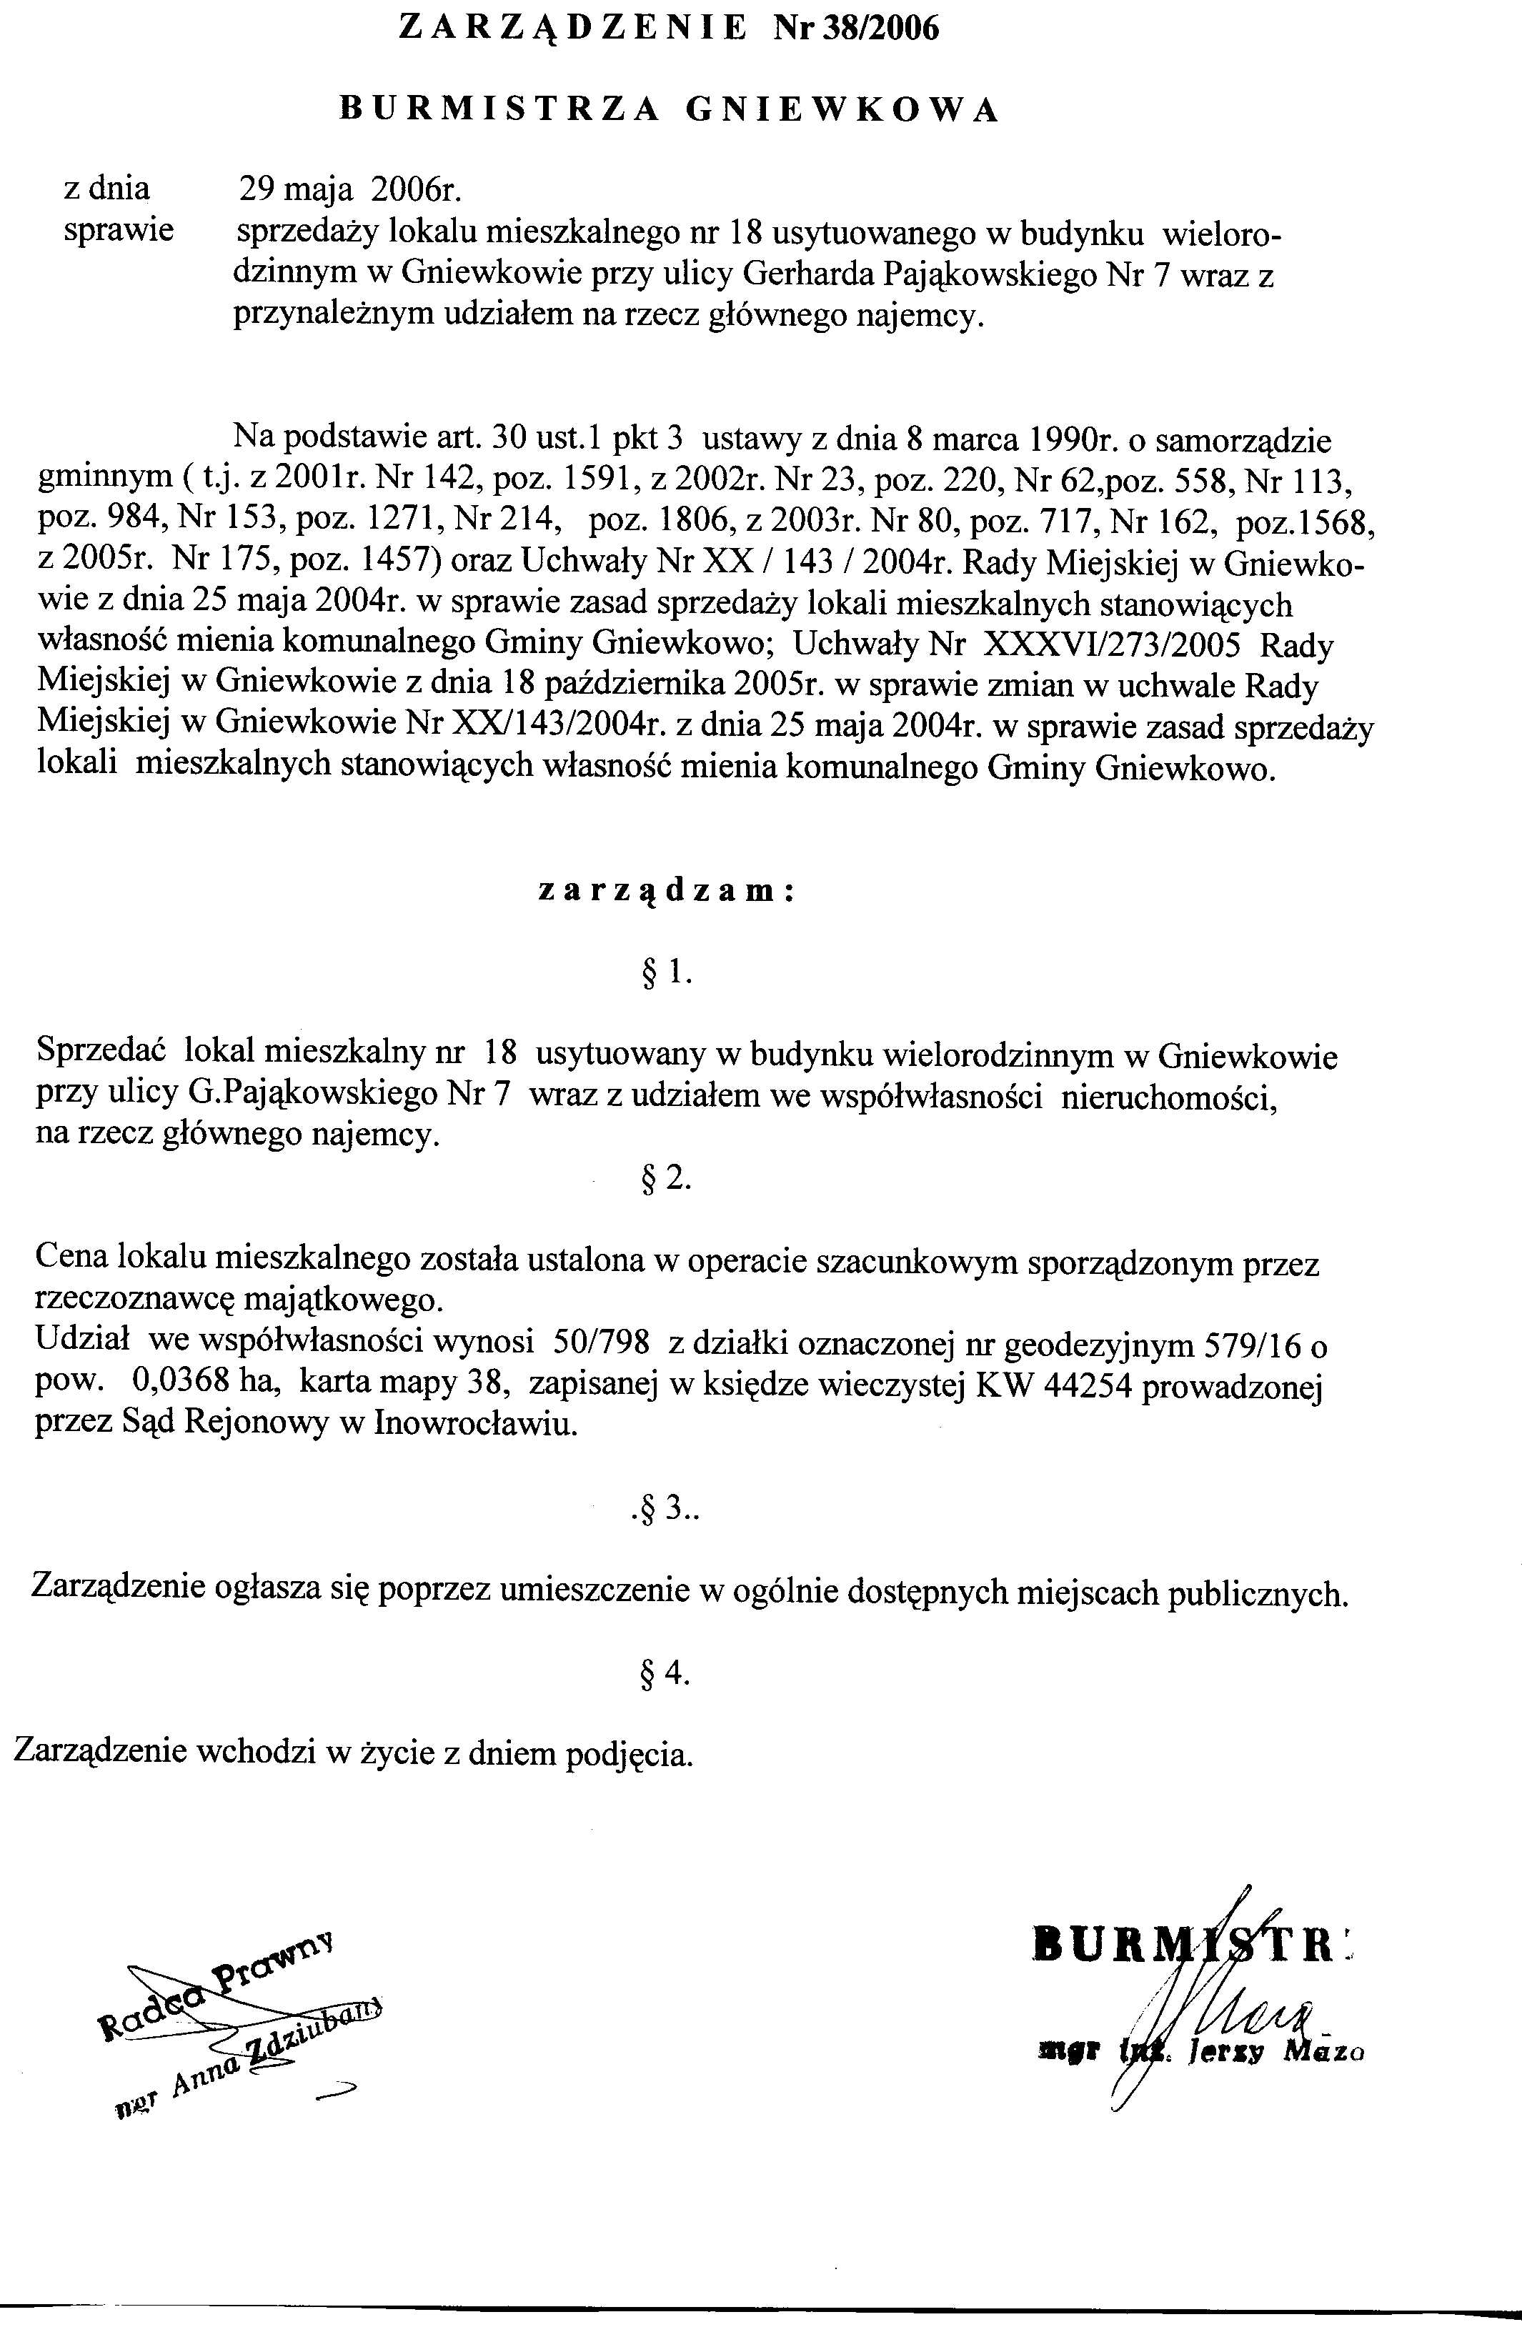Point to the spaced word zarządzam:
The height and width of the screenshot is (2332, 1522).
pos(665,891)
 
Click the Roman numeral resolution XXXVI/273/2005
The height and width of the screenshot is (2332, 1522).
pos(1113,646)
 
